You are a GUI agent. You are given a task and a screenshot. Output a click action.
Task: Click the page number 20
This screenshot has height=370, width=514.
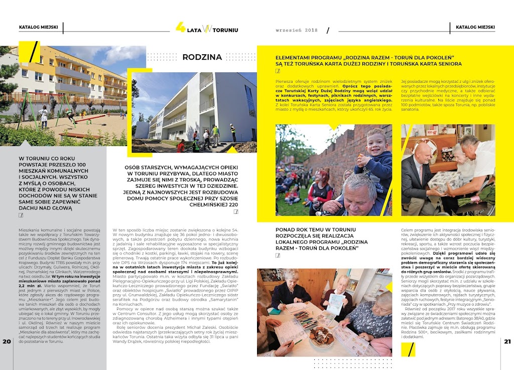pyautogui.click(x=7, y=355)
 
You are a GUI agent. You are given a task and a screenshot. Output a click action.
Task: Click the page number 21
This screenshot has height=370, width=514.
pyautogui.click(x=507, y=355)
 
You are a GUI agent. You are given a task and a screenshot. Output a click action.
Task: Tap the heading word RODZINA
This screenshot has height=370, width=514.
pyautogui.click(x=202, y=57)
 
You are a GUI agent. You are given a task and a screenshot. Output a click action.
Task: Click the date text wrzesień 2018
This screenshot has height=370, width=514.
pyautogui.click(x=297, y=30)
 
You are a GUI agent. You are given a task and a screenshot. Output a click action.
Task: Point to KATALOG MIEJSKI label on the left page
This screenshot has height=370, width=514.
pyautogui.click(x=39, y=27)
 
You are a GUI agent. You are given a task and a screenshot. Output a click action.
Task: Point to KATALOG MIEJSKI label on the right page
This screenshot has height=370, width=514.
pyautogui.click(x=475, y=27)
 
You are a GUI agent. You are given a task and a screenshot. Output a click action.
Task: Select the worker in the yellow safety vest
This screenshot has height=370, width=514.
pyautogui.click(x=215, y=133)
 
